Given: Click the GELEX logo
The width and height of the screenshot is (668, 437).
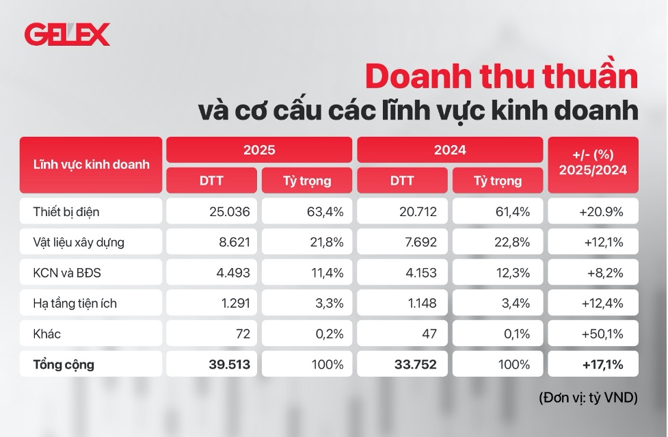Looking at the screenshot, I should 66,35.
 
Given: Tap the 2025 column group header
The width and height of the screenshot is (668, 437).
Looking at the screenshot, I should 258,150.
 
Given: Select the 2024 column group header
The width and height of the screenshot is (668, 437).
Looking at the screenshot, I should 449,150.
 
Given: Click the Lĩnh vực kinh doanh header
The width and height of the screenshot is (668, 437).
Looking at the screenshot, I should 91,165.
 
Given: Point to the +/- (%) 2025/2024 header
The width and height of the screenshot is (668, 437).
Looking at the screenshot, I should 593,165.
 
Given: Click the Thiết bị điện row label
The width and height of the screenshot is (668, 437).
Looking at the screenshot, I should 66,211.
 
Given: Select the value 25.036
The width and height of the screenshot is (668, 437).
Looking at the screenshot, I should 230,211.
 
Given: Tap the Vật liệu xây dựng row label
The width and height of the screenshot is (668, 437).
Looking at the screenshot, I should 79,242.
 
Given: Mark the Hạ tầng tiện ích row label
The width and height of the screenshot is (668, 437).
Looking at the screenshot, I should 75,303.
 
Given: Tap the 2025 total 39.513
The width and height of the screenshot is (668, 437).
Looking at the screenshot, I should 229,365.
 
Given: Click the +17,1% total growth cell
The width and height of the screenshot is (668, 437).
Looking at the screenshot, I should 602,365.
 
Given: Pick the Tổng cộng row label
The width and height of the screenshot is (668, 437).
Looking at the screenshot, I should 64,365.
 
